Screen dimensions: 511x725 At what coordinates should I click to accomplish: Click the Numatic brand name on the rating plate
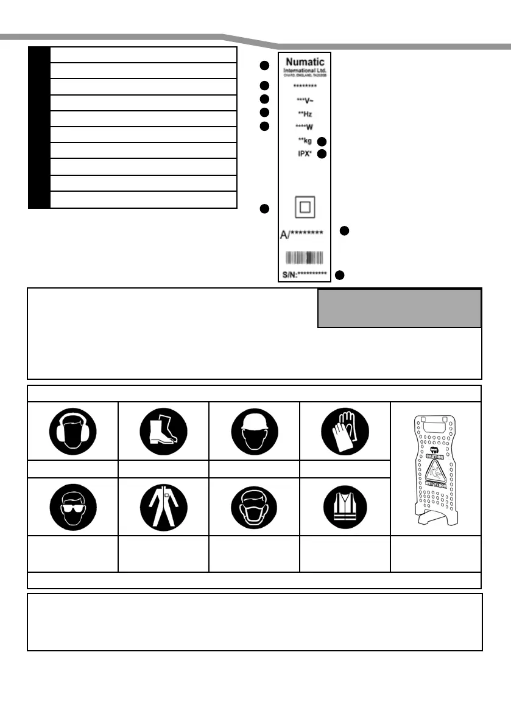(305, 62)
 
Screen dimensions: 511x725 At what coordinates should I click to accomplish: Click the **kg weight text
(305, 141)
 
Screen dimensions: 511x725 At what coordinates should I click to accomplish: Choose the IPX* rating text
(305, 154)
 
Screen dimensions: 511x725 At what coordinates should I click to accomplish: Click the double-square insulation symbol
(305, 208)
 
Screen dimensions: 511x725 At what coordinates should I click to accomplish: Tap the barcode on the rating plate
(305, 256)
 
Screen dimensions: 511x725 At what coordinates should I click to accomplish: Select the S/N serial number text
(305, 275)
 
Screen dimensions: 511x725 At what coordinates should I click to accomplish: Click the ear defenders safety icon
(72, 430)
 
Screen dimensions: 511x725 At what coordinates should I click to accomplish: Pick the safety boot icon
(163, 430)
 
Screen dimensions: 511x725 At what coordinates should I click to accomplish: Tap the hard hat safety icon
(254, 430)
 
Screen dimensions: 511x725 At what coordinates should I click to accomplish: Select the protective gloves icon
(345, 430)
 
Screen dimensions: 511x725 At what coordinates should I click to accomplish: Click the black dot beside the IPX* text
(322, 154)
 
